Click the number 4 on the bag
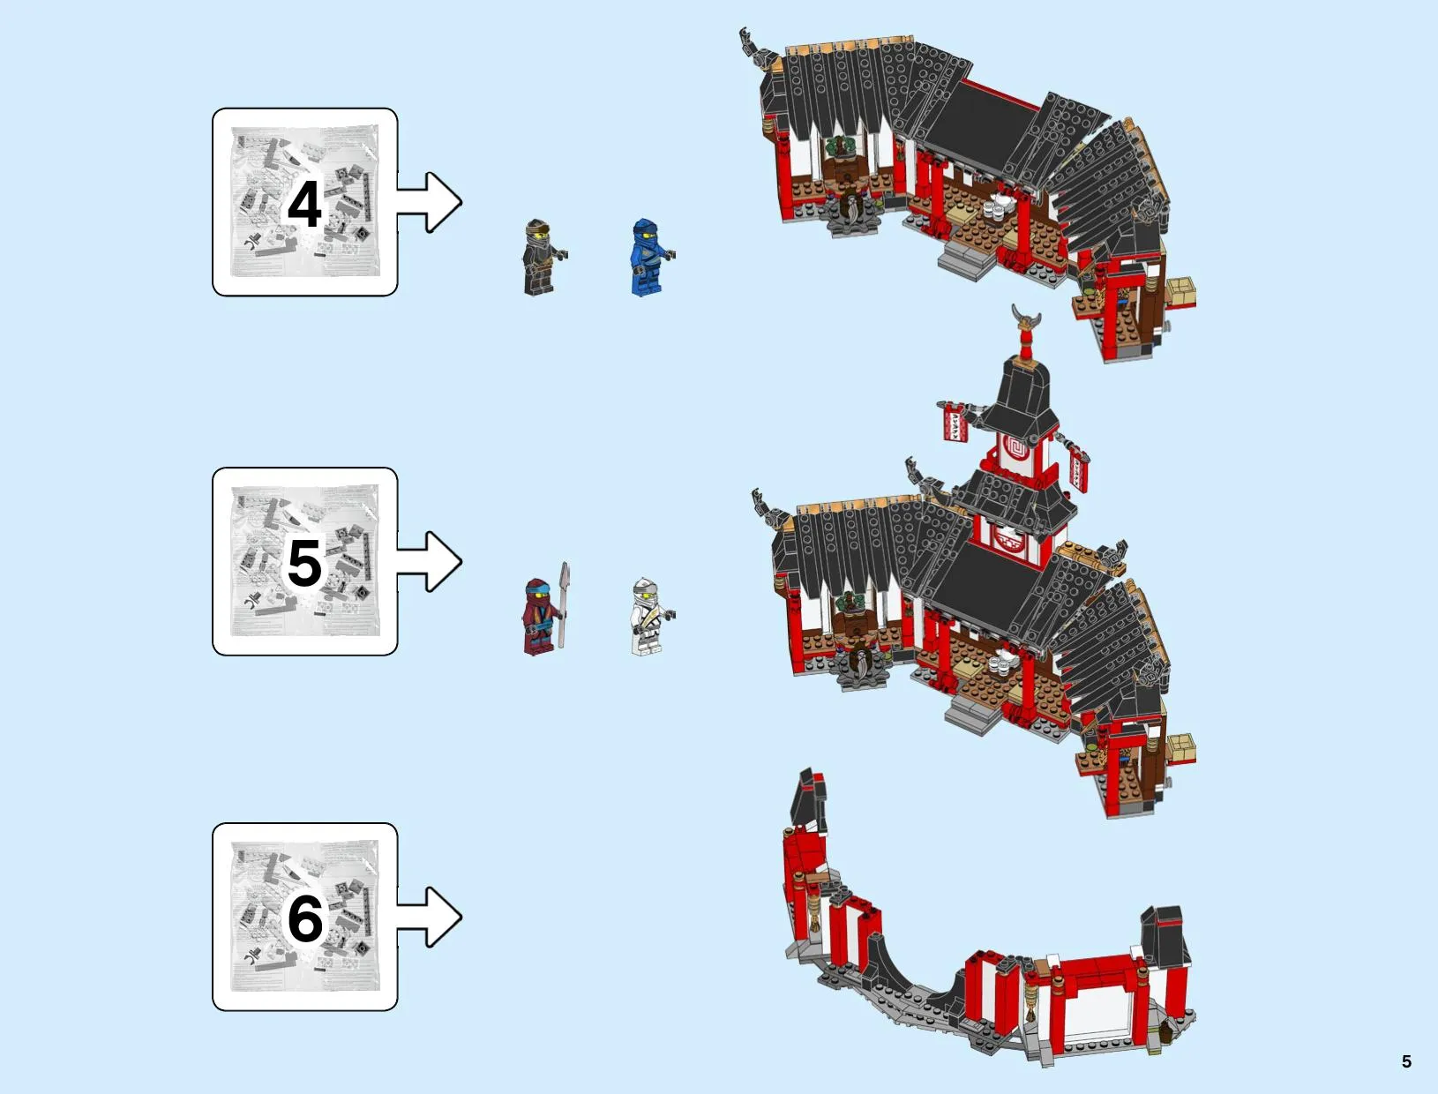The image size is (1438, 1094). (x=304, y=204)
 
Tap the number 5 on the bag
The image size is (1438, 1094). (x=304, y=563)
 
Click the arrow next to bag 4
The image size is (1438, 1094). (x=429, y=202)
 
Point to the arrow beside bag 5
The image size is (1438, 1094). (x=429, y=561)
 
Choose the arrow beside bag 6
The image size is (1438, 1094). (x=429, y=918)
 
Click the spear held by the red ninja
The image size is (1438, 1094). (x=564, y=604)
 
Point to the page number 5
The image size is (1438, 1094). (x=1406, y=1061)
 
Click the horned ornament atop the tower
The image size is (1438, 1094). (x=1026, y=317)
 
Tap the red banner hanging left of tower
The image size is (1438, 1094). (x=955, y=422)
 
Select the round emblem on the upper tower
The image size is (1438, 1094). (x=1016, y=450)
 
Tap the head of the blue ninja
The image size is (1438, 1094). (x=645, y=230)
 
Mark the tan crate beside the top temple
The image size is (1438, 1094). (x=1180, y=291)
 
